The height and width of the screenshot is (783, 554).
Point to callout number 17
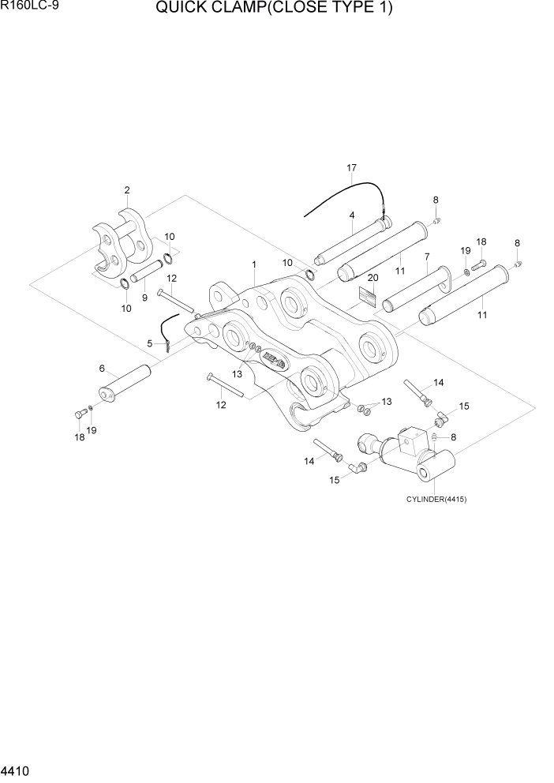click(x=352, y=168)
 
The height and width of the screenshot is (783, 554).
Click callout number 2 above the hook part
click(x=126, y=190)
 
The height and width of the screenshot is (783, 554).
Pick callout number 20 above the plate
click(x=372, y=278)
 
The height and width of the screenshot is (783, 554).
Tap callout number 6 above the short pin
click(x=102, y=368)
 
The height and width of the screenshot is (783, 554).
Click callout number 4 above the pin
click(x=351, y=215)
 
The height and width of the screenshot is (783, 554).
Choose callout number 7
click(x=426, y=257)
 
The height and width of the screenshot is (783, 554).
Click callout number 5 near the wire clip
click(x=150, y=343)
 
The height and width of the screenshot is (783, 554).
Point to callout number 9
click(x=144, y=298)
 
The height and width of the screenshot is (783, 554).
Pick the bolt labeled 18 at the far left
click(x=79, y=414)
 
